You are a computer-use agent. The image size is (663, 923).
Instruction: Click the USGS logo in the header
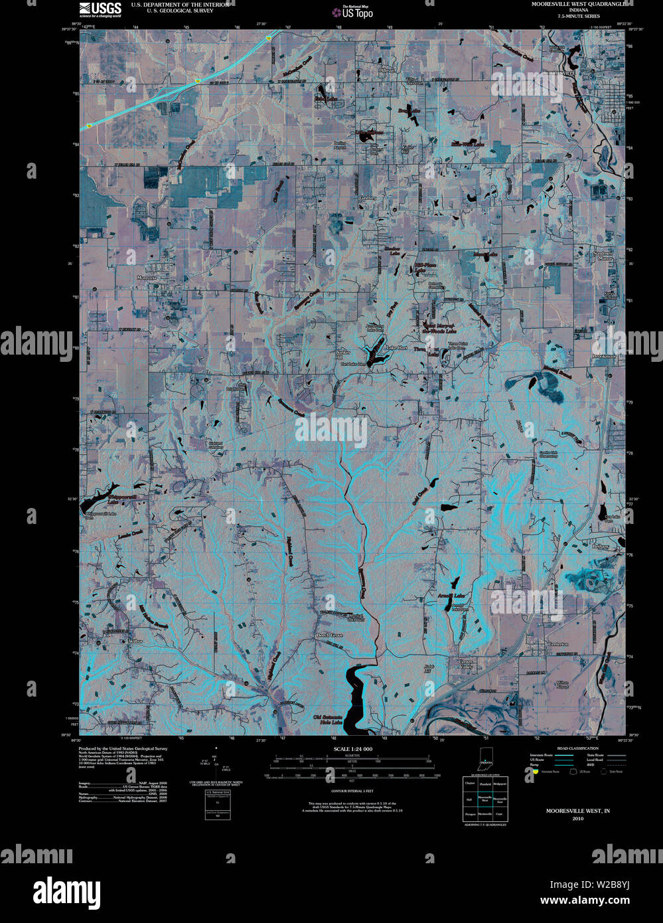100,9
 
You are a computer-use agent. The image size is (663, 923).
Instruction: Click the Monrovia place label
146,277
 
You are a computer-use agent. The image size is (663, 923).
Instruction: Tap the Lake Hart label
397,347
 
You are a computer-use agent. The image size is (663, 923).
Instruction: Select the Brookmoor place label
604,357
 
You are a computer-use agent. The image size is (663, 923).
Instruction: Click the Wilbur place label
135,641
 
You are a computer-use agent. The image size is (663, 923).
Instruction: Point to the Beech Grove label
329,635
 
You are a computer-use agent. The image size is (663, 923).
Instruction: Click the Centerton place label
557,644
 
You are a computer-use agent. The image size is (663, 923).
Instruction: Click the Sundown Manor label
603,256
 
